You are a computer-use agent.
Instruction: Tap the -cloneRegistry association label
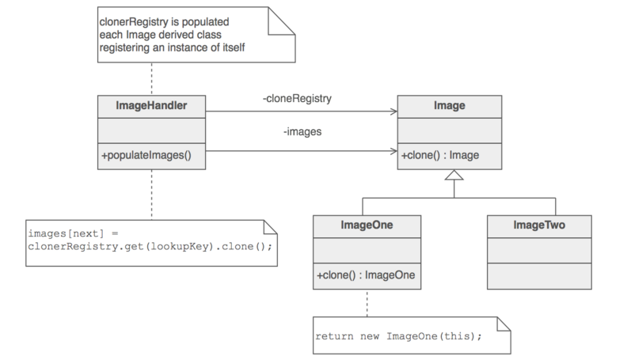coord(298,100)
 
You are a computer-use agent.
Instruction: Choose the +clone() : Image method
coord(440,156)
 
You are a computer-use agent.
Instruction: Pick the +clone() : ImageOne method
coord(366,276)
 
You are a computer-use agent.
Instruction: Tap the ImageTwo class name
coord(538,225)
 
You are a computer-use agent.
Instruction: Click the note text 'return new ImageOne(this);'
coord(398,335)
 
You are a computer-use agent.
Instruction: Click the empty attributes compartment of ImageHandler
coord(150,129)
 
